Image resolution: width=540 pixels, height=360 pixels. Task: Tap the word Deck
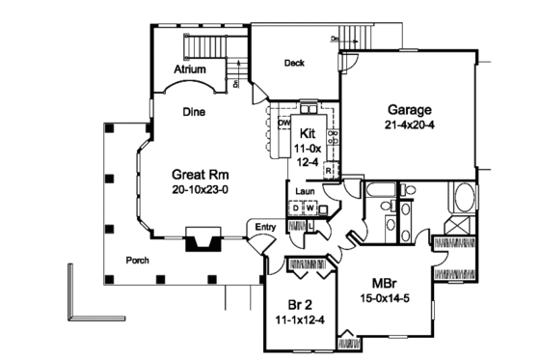tap(294, 64)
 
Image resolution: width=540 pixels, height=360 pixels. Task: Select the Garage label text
tap(410, 109)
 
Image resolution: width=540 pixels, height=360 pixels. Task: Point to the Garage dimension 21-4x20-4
tap(410, 125)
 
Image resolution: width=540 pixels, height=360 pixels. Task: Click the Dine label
tap(194, 111)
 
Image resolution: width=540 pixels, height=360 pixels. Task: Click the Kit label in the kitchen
tap(308, 133)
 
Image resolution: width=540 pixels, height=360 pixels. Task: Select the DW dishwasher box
tap(286, 124)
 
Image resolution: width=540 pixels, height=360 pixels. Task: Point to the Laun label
tap(306, 192)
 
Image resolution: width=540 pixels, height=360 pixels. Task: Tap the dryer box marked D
tap(296, 208)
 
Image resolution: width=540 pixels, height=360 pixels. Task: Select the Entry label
tap(266, 228)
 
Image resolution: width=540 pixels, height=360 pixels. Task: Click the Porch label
tap(138, 261)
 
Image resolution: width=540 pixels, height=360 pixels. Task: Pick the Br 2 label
tap(296, 300)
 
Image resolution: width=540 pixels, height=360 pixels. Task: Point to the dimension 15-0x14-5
tap(386, 299)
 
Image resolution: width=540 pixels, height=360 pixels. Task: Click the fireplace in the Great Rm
tap(202, 239)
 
